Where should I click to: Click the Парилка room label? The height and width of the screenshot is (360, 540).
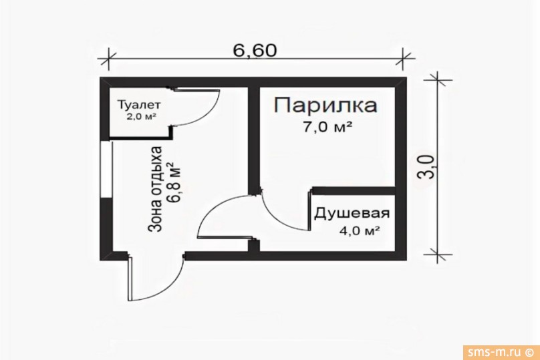(x=325, y=106)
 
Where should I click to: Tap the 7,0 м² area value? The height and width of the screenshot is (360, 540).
(x=327, y=128)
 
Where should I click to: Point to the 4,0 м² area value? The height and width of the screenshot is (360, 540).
(x=360, y=230)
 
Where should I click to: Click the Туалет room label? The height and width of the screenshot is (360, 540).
(x=139, y=105)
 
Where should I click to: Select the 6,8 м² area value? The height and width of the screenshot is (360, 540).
(x=174, y=182)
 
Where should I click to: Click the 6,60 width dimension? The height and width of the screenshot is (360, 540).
(x=255, y=51)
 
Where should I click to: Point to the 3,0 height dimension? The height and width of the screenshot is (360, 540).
(x=426, y=166)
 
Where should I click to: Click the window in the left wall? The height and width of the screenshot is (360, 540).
(x=106, y=169)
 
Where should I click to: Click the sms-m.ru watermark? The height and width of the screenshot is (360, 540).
(x=501, y=352)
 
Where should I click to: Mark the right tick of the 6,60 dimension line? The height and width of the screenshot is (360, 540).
(x=403, y=59)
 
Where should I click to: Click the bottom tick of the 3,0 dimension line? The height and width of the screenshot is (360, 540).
(x=438, y=255)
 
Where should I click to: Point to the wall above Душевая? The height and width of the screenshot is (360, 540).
(x=354, y=190)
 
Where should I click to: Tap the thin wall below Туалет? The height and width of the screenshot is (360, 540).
(x=140, y=138)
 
